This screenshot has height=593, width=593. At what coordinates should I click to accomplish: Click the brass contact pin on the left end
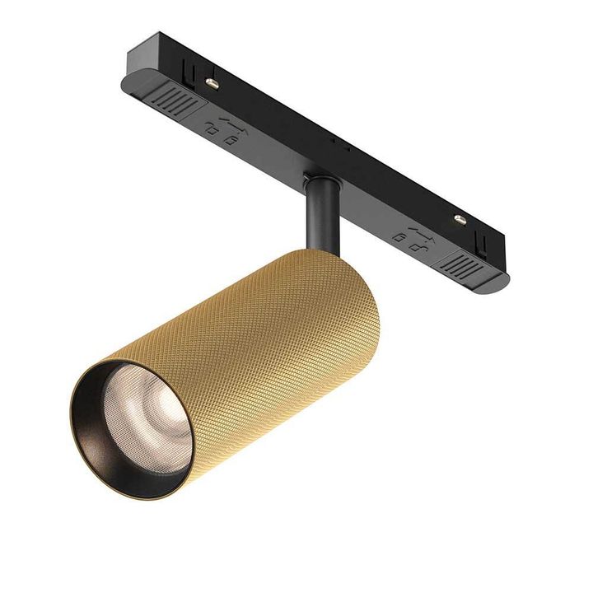(x=212, y=83)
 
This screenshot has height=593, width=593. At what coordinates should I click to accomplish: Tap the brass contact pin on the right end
(x=459, y=219)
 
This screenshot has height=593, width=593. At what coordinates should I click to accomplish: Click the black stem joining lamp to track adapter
(x=320, y=216)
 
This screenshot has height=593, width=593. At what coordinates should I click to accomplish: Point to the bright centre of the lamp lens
(x=148, y=416)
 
